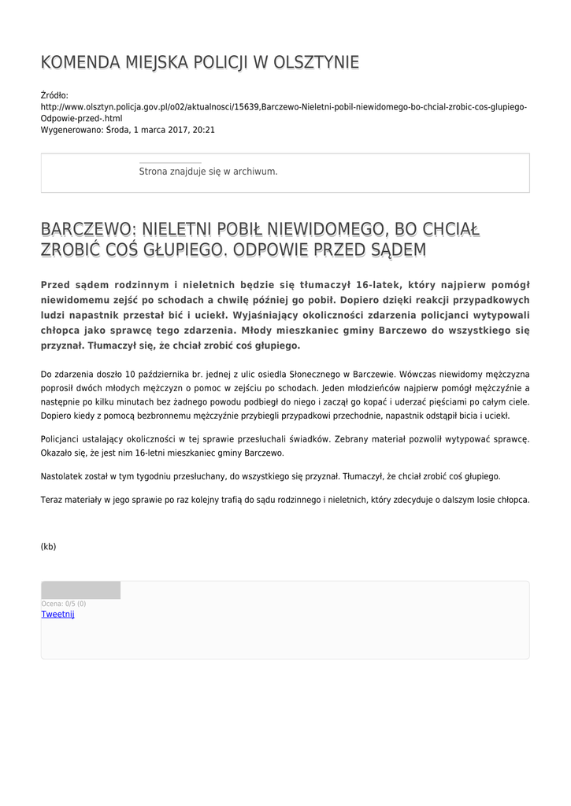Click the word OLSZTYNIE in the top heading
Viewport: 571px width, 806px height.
pos(316,63)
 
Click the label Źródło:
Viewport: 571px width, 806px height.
pos(54,95)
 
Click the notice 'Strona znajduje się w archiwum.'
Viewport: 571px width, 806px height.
pos(208,171)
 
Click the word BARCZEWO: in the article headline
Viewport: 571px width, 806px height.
pos(88,230)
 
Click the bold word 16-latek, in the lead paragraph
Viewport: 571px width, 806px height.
pos(381,285)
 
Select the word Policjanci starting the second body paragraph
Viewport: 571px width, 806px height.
pos(62,438)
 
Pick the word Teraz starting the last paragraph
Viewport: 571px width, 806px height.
pos(52,500)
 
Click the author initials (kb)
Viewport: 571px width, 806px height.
pos(49,546)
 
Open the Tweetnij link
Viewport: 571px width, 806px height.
pos(57,614)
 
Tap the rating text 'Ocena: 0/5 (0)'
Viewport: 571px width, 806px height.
pos(64,604)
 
